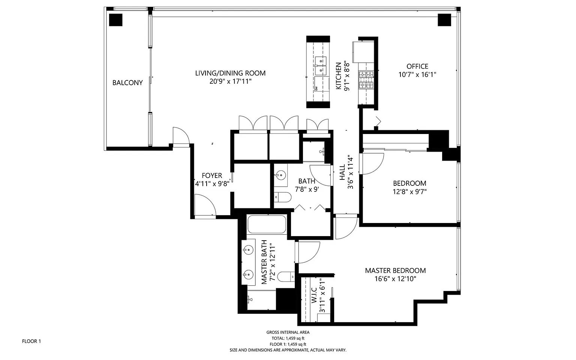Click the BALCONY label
pyautogui.click(x=127, y=83)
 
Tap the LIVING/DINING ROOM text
pyautogui.click(x=230, y=73)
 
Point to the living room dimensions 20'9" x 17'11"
pyautogui.click(x=230, y=81)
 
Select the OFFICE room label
pyautogui.click(x=417, y=66)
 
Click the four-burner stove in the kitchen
pyautogui.click(x=366, y=80)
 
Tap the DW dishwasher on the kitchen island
pyautogui.click(x=317, y=88)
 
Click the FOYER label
pyautogui.click(x=212, y=176)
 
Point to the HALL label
pyautogui.click(x=342, y=172)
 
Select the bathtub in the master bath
pyautogui.click(x=267, y=224)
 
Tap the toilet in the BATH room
pyautogui.click(x=283, y=197)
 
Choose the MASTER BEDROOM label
pyautogui.click(x=395, y=271)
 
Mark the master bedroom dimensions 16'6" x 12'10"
pyautogui.click(x=395, y=279)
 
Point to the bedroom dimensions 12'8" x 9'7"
pyautogui.click(x=409, y=191)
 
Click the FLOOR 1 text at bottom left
pyautogui.click(x=31, y=341)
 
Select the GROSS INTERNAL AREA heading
pyautogui.click(x=288, y=332)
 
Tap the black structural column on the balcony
pyautogui.click(x=115, y=20)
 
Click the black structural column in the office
pyautogui.click(x=444, y=20)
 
